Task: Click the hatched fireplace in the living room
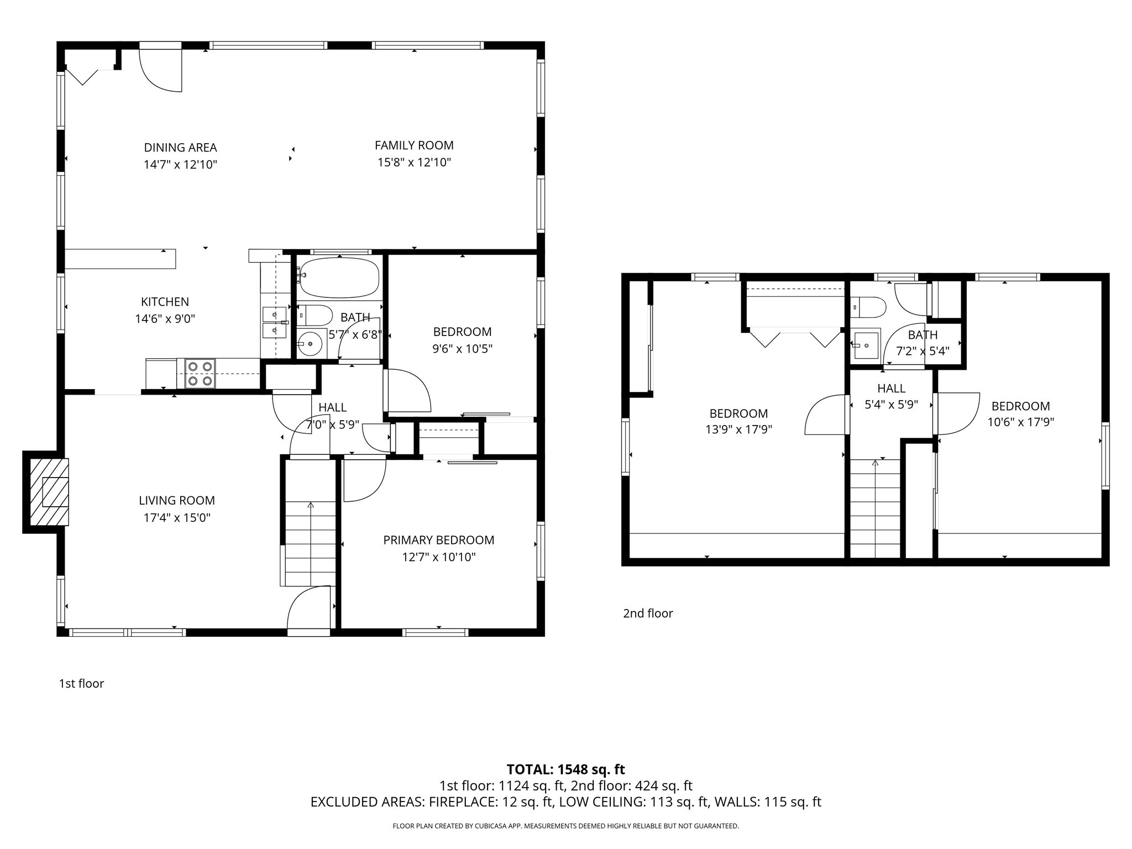click(49, 491)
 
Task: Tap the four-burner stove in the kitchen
click(200, 373)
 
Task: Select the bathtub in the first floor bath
click(338, 277)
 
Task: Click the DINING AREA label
click(180, 148)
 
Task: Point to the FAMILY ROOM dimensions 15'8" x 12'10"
click(414, 163)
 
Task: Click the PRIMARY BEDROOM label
click(438, 540)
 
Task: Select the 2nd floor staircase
click(875, 509)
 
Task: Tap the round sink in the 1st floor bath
click(311, 344)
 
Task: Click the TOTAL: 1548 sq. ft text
click(565, 769)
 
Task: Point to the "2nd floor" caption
click(648, 614)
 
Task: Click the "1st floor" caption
click(81, 684)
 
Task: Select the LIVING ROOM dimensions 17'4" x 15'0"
click(176, 518)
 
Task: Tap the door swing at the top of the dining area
click(161, 70)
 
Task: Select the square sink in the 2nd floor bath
click(866, 345)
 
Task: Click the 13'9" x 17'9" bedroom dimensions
click(738, 429)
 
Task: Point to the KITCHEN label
click(165, 302)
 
